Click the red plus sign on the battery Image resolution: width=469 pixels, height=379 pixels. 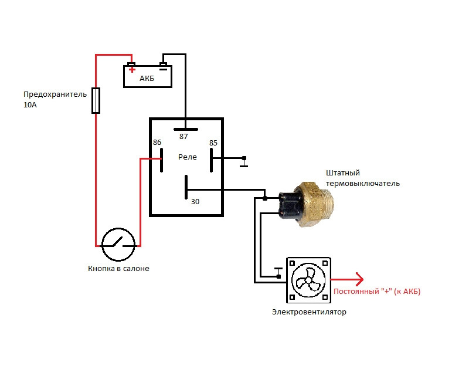tap(132, 70)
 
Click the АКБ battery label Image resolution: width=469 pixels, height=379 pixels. tap(147, 79)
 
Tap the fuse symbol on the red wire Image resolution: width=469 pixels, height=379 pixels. tap(96, 100)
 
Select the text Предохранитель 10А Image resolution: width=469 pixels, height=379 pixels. tap(55, 99)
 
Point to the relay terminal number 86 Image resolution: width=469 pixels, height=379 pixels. tap(157, 143)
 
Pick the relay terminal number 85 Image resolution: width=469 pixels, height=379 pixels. tap(213, 143)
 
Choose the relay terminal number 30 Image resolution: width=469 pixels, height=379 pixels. tap(195, 201)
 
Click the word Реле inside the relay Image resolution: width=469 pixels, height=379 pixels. tap(188, 157)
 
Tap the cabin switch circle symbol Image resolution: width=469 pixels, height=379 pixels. tap(118, 245)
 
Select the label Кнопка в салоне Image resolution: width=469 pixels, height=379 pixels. tap(118, 269)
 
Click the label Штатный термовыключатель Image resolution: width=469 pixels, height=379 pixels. tap(363, 178)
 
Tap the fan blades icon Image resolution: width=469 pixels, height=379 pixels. tap(308, 279)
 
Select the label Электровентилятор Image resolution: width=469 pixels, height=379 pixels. tap(309, 312)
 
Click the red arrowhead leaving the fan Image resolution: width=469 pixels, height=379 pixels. tap(359, 279)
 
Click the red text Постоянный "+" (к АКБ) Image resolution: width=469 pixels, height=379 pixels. tap(376, 292)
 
